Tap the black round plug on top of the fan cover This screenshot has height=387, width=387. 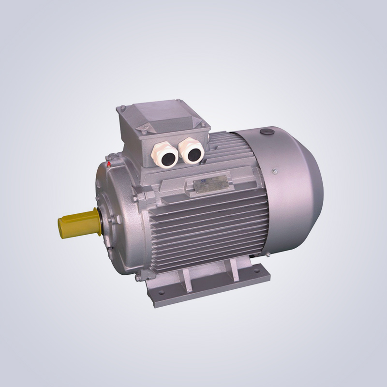tap(265, 132)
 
